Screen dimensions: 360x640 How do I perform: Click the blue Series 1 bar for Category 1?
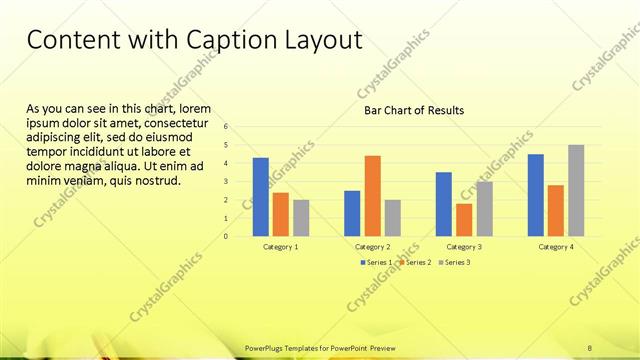pos(260,197)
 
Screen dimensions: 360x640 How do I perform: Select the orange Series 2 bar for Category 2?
pos(372,196)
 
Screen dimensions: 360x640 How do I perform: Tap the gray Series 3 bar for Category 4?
pos(575,191)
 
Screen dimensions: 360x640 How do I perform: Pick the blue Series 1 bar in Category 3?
pos(444,204)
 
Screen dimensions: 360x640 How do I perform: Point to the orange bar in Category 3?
pos(464,220)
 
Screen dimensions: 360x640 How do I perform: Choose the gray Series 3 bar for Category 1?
pos(300,218)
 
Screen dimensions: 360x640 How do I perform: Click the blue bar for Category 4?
pos(536,195)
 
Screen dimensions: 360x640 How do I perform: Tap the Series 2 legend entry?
pos(416,262)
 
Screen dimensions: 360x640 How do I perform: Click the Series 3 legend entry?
pos(455,262)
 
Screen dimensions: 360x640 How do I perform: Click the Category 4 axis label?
pos(556,246)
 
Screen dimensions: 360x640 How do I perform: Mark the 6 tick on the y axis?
pos(227,127)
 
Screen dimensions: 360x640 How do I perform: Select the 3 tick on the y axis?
pos(227,182)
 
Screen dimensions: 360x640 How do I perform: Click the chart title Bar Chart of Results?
pos(413,110)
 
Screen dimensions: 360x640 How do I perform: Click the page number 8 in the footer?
pos(590,347)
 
